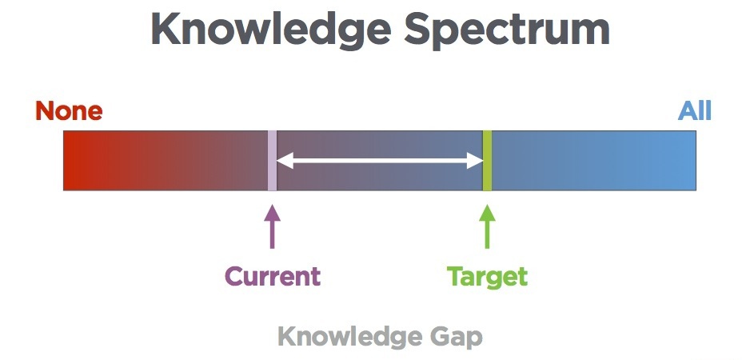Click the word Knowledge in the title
coord(271,30)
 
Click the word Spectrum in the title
coord(507,30)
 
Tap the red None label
coord(69,111)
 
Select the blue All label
coord(695,111)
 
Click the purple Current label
coord(273,276)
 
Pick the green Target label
coord(487,277)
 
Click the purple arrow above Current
coord(272,226)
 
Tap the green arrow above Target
coord(487,226)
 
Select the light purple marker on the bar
coord(272,161)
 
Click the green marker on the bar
coord(487,161)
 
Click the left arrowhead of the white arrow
coord(284,162)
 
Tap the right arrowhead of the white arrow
coord(475,162)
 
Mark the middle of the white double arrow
coord(380,162)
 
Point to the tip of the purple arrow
coord(272,206)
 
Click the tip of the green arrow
coord(487,206)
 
